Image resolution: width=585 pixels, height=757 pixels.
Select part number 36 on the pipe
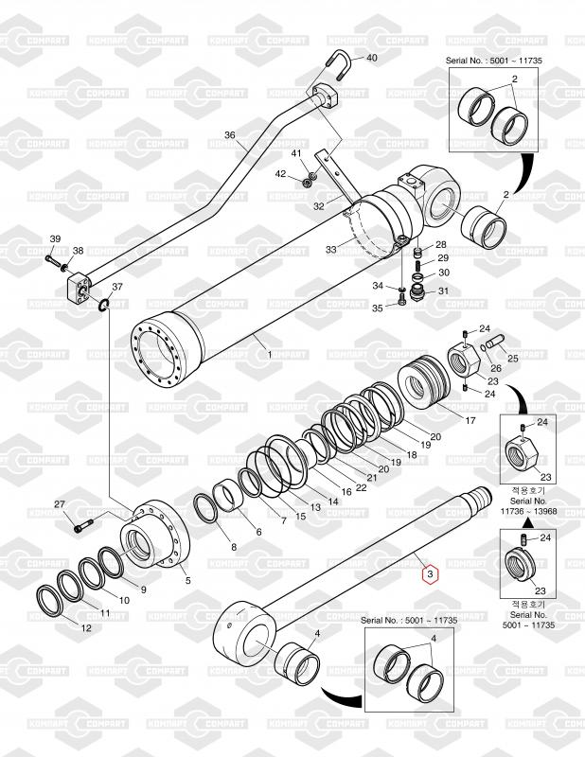click(x=229, y=135)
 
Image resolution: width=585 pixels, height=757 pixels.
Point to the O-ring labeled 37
click(x=103, y=304)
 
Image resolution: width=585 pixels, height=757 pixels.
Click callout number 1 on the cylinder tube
click(x=269, y=354)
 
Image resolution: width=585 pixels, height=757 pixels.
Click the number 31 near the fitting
click(x=442, y=290)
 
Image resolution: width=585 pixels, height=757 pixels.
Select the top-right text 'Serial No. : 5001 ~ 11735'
click(x=500, y=60)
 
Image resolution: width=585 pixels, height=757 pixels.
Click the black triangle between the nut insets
click(x=528, y=522)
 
